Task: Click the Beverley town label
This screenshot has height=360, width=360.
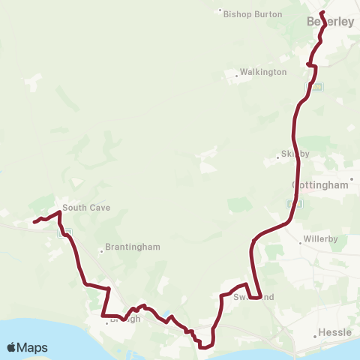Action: [330, 22]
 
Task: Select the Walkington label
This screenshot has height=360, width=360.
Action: [262, 73]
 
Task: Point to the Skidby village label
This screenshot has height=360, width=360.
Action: [295, 154]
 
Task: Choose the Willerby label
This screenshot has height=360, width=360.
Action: [319, 241]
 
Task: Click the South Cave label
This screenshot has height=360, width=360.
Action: [80, 208]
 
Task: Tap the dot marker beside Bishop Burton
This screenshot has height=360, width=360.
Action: [220, 11]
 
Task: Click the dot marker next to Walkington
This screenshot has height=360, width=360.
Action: [235, 73]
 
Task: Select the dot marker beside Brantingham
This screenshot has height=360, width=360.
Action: [101, 250]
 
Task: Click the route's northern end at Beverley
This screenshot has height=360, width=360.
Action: [320, 13]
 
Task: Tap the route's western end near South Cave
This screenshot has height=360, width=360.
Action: [34, 221]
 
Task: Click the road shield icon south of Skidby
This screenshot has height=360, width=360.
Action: [295, 203]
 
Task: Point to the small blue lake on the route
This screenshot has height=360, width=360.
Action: [171, 316]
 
